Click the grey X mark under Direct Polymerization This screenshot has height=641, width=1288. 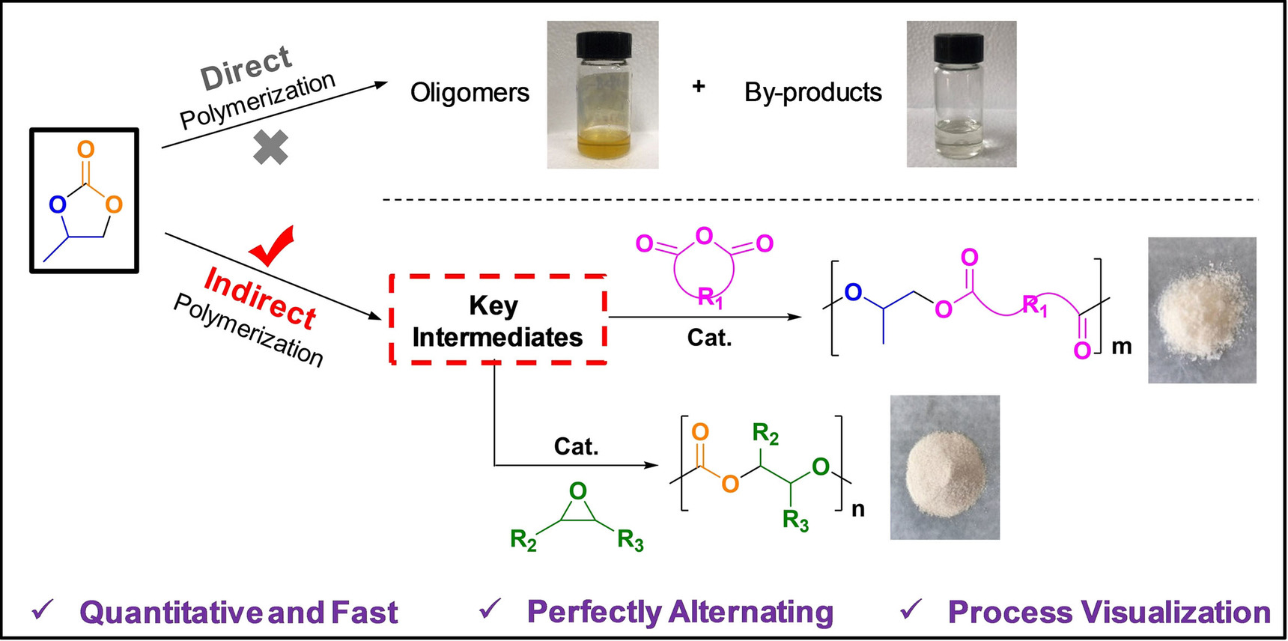coord(270,148)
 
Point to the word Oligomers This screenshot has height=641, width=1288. coord(470,93)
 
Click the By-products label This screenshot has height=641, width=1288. coord(812,92)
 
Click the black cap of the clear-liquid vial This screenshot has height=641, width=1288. coord(959,46)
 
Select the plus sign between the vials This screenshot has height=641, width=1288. coord(699,87)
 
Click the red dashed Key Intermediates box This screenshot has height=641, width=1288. coord(497,320)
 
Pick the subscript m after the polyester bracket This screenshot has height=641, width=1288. coord(1121,347)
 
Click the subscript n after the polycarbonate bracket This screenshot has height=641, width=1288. coord(858,509)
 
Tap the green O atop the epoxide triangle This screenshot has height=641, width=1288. coord(577,491)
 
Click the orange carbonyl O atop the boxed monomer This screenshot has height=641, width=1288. coord(86,150)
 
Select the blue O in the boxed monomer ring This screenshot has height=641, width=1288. coord(58,204)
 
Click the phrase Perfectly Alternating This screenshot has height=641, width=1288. coord(680,612)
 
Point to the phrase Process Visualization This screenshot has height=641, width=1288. coord(1109,612)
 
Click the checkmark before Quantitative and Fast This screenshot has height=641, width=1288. coord(43,610)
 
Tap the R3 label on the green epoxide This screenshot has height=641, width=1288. coord(631,540)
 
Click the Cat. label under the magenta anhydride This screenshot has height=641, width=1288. coord(709,338)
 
